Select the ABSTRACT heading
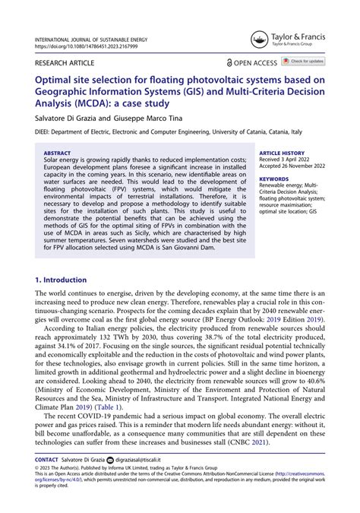[x=58, y=152]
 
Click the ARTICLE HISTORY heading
[x=282, y=152]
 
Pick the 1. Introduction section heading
[x=64, y=259]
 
